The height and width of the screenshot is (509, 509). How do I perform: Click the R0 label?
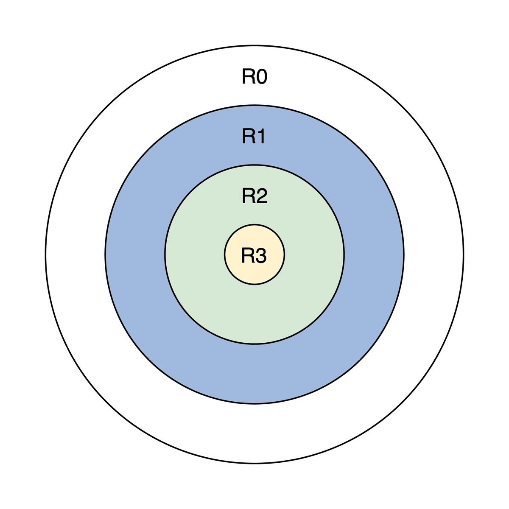(255, 77)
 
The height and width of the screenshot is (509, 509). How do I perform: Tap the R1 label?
(254, 137)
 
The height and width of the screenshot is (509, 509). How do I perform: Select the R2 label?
(255, 196)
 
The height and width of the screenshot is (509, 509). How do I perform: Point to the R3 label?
(254, 255)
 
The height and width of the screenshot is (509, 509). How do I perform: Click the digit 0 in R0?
(261, 77)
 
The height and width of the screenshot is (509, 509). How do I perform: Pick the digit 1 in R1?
(260, 137)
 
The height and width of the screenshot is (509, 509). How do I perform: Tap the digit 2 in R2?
(261, 196)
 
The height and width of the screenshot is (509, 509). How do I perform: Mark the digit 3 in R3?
(261, 255)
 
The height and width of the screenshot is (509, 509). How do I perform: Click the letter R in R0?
(248, 77)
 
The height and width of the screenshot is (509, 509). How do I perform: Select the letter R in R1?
(248, 137)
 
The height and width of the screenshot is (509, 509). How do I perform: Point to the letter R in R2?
(248, 196)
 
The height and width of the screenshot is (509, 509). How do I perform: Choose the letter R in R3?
(248, 255)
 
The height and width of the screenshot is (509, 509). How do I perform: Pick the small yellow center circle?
(255, 274)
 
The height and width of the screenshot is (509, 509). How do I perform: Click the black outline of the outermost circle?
(45, 255)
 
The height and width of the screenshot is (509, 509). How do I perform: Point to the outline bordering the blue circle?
(105, 255)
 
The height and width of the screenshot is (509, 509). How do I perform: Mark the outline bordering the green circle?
(165, 255)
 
